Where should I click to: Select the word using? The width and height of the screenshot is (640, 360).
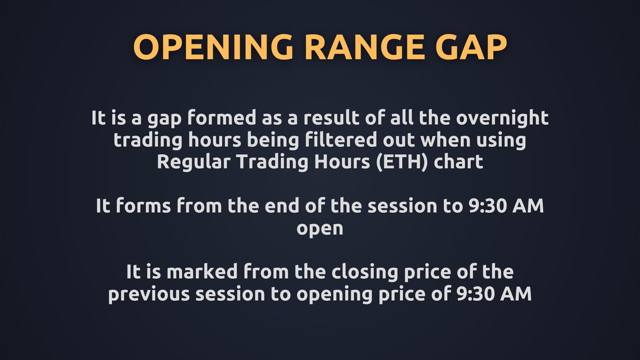[502, 140]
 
